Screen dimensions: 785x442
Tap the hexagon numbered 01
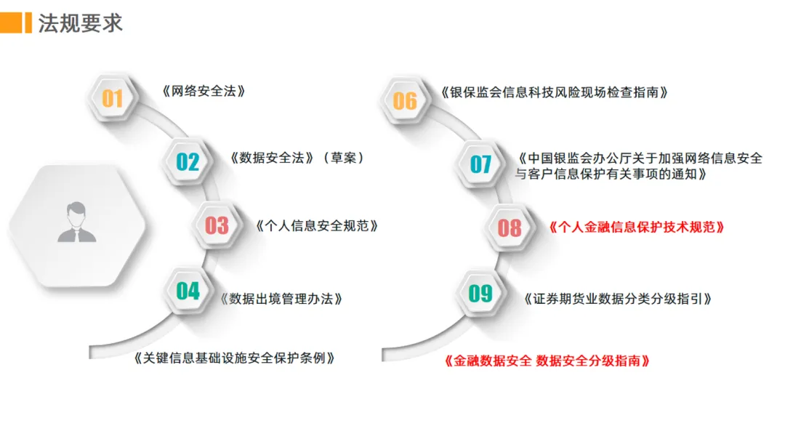(112, 97)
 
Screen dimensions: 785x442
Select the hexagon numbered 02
(188, 161)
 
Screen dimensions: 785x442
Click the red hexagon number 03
(217, 225)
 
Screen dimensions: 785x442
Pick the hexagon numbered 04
(188, 291)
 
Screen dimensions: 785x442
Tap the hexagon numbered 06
(405, 100)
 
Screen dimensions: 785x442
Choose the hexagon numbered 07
(480, 164)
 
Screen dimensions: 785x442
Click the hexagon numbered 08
(510, 228)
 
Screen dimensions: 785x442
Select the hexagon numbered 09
(480, 293)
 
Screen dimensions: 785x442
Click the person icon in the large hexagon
(77, 223)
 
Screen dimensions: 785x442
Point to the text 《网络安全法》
(204, 92)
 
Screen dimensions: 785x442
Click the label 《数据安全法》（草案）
(297, 158)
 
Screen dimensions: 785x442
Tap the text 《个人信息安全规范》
(318, 225)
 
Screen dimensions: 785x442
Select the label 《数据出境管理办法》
(281, 298)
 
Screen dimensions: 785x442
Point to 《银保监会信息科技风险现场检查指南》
(554, 92)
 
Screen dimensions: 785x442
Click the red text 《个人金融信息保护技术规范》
(637, 227)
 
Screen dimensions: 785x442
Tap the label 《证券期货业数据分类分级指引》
(617, 298)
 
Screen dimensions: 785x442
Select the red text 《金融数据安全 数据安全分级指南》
(547, 360)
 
